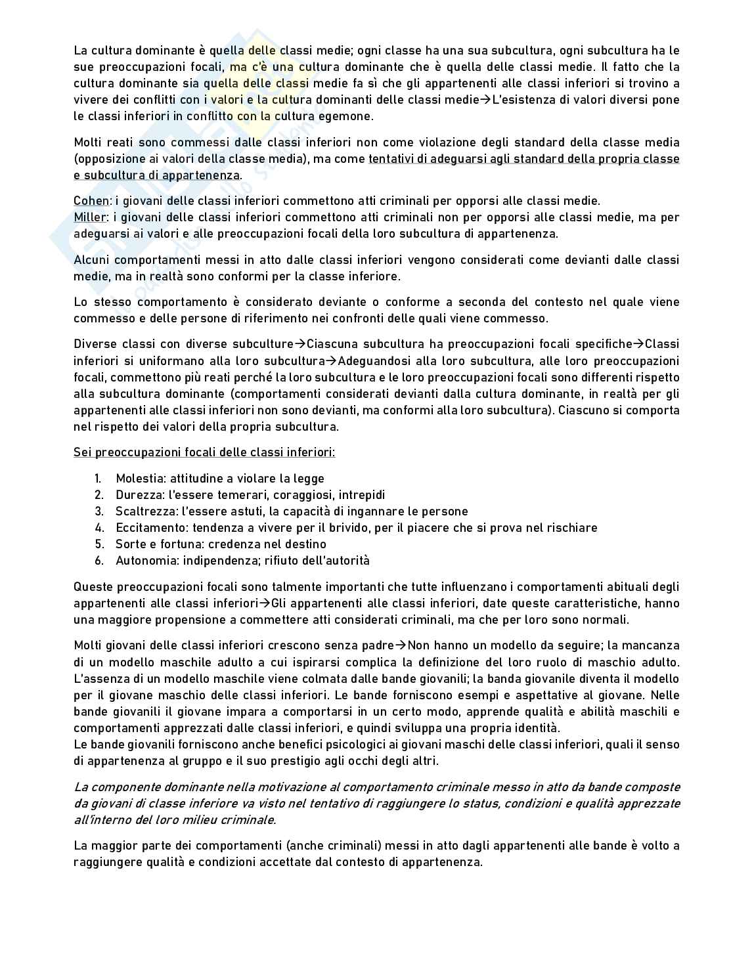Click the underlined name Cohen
click(x=91, y=201)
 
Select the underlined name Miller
click(x=91, y=217)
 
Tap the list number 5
click(x=99, y=544)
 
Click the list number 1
click(x=99, y=479)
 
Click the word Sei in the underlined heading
click(x=82, y=452)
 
